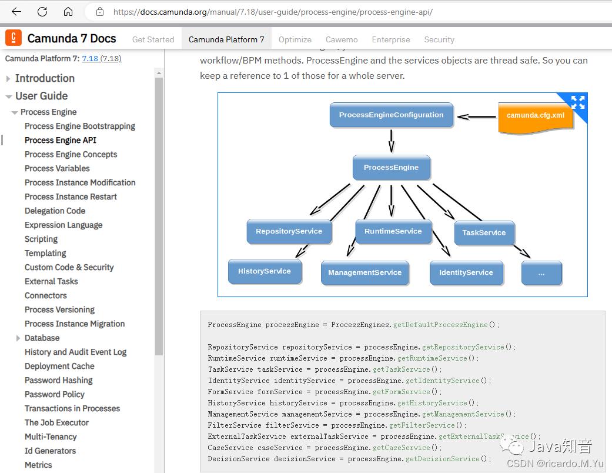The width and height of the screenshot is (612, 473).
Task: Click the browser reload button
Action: tap(42, 12)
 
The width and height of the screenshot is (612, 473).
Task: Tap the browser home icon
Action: tap(68, 12)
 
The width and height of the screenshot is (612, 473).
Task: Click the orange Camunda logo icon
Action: tap(14, 38)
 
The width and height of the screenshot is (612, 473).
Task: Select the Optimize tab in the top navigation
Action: tap(295, 39)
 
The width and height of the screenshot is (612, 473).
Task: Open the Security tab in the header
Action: tap(439, 39)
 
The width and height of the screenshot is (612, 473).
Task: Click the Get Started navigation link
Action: tap(153, 39)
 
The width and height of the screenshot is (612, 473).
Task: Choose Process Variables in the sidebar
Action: tap(57, 168)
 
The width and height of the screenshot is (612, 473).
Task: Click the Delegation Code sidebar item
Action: tap(55, 211)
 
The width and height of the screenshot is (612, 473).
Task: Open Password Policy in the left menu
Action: tap(54, 394)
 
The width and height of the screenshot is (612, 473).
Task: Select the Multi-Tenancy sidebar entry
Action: tap(51, 437)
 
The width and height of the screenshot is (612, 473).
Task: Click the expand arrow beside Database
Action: tap(18, 338)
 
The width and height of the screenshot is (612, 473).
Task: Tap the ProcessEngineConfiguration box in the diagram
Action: tap(392, 115)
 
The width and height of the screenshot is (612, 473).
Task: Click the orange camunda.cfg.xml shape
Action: tap(535, 116)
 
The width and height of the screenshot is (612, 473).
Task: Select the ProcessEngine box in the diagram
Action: tap(391, 168)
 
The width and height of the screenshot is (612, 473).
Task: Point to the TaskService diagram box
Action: tap(484, 232)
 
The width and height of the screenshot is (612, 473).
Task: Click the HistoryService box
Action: tap(265, 271)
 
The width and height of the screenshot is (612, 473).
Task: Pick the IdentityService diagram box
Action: tap(466, 273)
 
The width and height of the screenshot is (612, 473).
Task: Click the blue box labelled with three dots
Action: tap(541, 274)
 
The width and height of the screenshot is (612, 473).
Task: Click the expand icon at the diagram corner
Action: tap(577, 102)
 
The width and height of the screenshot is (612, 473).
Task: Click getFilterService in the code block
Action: tap(426, 425)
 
